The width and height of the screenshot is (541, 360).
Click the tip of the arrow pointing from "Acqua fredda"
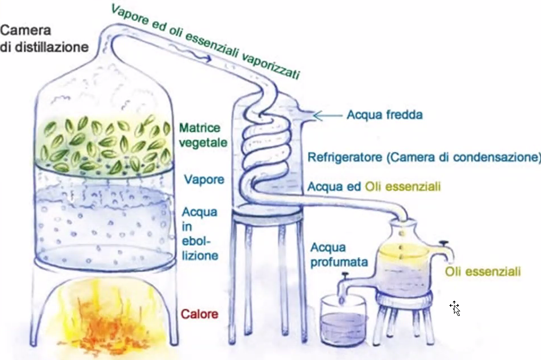[x=314, y=116]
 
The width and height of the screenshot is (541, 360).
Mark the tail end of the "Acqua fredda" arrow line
[x=342, y=116]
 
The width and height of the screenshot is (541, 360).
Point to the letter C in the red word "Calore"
[x=185, y=314]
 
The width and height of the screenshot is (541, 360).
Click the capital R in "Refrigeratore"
[x=311, y=157]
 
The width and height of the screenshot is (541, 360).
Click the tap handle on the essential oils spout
[x=443, y=244]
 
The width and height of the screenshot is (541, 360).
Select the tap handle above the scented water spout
[x=344, y=275]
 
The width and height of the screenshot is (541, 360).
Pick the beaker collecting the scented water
[x=343, y=320]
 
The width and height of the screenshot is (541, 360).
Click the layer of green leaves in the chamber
[x=103, y=145]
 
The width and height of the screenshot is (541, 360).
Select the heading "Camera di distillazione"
[x=44, y=38]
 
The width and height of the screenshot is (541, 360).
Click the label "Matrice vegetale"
[x=203, y=135]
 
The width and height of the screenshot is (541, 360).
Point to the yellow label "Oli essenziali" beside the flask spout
[x=483, y=272]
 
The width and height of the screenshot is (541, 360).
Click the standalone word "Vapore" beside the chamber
[x=204, y=180]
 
